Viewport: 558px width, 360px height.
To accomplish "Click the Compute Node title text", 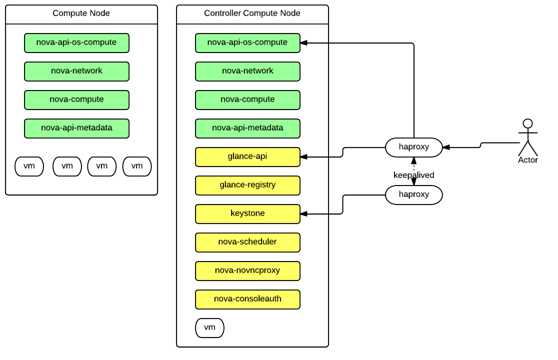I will click(81, 14).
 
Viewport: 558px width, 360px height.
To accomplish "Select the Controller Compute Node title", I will click(251, 14).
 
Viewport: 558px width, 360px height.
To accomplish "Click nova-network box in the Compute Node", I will click(77, 71).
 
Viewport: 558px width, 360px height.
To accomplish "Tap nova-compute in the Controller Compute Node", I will click(248, 99).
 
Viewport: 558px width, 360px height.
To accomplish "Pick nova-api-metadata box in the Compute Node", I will click(77, 128).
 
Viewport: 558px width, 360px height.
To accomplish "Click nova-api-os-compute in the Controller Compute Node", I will click(248, 43).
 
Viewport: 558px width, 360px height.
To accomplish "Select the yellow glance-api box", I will click(248, 156).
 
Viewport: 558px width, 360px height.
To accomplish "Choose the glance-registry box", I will click(248, 185).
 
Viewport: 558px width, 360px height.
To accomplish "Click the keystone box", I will click(248, 213).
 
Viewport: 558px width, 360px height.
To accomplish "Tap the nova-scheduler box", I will click(248, 242).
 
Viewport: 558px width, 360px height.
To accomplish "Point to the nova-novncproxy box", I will click(248, 270).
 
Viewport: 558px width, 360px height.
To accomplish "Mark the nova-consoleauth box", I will click(248, 299).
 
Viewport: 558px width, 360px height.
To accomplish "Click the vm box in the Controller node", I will click(210, 328).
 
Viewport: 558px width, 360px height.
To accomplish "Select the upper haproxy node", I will click(414, 148).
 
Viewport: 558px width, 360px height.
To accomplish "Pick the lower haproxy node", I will click(414, 195).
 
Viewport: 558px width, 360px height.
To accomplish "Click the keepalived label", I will click(413, 172).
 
